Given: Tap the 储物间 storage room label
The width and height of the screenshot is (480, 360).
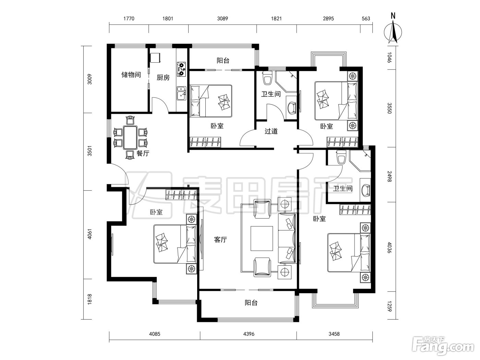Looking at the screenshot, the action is click(131, 75).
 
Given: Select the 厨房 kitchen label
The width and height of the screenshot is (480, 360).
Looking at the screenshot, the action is click(163, 77).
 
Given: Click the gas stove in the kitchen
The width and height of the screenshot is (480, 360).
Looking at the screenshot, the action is click(181, 69).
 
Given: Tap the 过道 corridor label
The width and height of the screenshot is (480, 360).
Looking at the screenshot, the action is click(271, 131).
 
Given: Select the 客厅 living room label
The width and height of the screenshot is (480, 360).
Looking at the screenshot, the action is click(220, 240).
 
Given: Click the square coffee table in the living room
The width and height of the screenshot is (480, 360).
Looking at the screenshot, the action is click(262, 239).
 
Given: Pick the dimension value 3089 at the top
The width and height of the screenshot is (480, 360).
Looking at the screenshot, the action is click(223, 19).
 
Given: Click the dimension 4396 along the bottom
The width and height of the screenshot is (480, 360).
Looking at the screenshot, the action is click(249, 334).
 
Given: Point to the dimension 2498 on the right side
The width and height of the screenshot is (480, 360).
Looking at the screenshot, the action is click(390, 176).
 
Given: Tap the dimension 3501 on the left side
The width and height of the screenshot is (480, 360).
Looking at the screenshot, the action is click(90, 151).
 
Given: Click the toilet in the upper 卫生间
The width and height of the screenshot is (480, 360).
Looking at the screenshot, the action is click(267, 77).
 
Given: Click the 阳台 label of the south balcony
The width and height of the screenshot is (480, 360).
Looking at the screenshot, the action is click(251, 303).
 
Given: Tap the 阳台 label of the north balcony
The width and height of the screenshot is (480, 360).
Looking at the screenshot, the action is click(223, 61).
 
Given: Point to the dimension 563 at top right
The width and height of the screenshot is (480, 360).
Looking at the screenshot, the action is click(366, 19).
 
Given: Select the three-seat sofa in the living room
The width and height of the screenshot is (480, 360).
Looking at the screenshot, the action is click(287, 239).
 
